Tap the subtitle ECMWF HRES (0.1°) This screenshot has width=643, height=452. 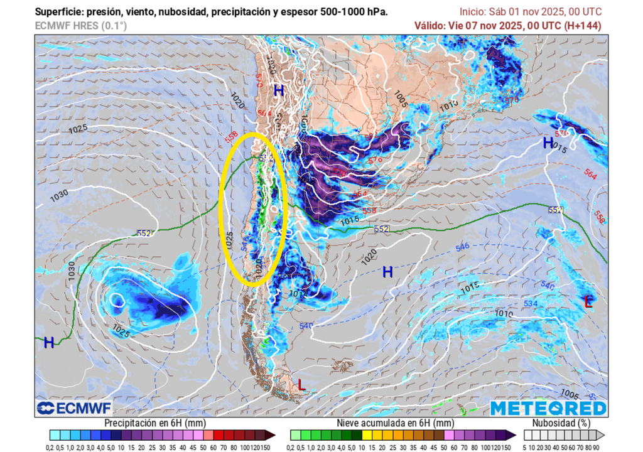(80, 26)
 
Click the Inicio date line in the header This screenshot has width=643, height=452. (530, 12)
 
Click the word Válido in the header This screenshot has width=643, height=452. (429, 26)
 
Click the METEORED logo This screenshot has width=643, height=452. (548, 408)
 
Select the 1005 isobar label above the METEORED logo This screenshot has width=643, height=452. (569, 394)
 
